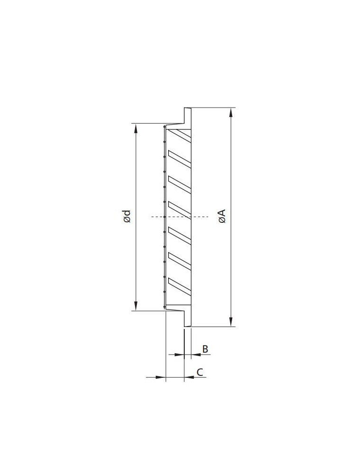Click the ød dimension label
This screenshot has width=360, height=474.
[x=127, y=217]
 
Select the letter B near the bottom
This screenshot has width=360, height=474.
[x=205, y=349]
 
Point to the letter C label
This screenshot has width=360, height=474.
[x=199, y=372]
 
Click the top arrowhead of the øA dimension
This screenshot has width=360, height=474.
[x=231, y=112]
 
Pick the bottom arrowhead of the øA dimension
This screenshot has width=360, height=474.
[x=231, y=322]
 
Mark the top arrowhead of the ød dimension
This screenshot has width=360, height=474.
[x=136, y=128]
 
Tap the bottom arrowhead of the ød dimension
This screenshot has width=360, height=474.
[x=136, y=306]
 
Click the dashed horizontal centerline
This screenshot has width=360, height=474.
[x=180, y=217]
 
